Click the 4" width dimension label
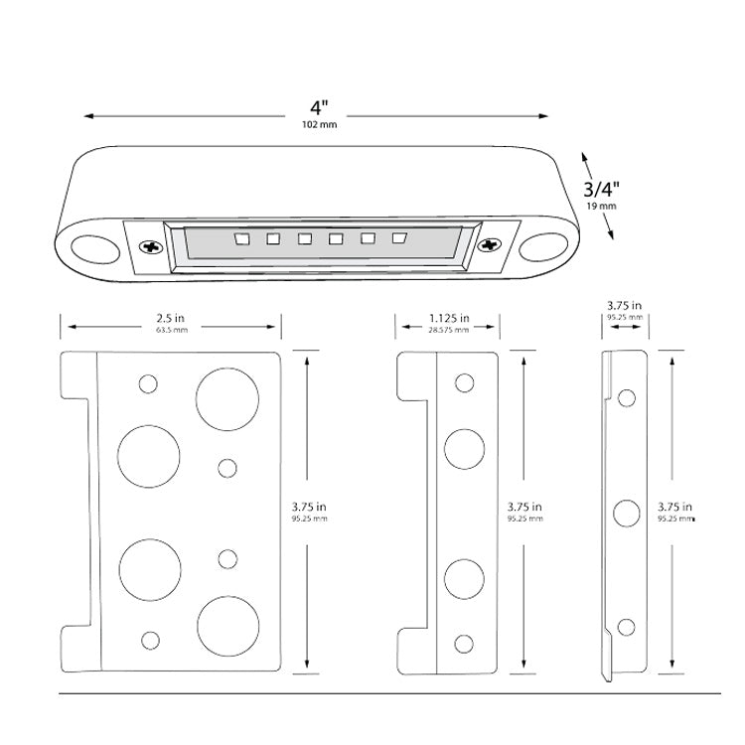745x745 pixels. click(317, 108)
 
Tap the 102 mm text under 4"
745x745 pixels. click(317, 126)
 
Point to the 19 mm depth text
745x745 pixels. click(602, 206)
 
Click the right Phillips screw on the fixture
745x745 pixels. click(489, 244)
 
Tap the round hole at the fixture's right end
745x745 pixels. click(545, 244)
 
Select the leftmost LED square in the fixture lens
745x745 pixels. click(239, 238)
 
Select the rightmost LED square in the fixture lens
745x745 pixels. click(399, 238)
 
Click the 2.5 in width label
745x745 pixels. click(171, 319)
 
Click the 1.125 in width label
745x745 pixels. click(449, 319)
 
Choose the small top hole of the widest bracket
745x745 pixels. click(149, 383)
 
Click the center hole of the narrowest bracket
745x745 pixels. click(626, 513)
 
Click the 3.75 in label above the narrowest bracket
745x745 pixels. click(624, 306)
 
